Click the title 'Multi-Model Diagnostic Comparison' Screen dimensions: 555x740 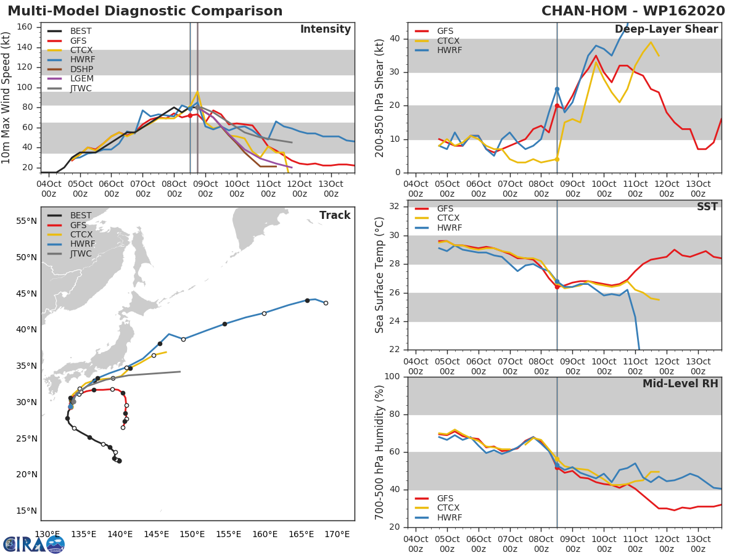[145, 11]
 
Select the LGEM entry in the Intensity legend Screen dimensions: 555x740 [81, 78]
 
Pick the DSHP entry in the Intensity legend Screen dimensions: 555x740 [81, 69]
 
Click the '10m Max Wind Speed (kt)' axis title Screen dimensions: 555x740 [7, 97]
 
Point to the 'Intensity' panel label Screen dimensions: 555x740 [325, 30]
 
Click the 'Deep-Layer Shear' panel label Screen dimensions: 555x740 [666, 30]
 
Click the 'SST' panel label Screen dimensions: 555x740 [707, 207]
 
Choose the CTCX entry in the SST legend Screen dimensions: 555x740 [448, 218]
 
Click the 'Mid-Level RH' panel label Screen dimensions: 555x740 [680, 384]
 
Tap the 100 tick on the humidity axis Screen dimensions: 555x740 [393, 377]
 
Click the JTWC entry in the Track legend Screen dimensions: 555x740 [81, 253]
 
